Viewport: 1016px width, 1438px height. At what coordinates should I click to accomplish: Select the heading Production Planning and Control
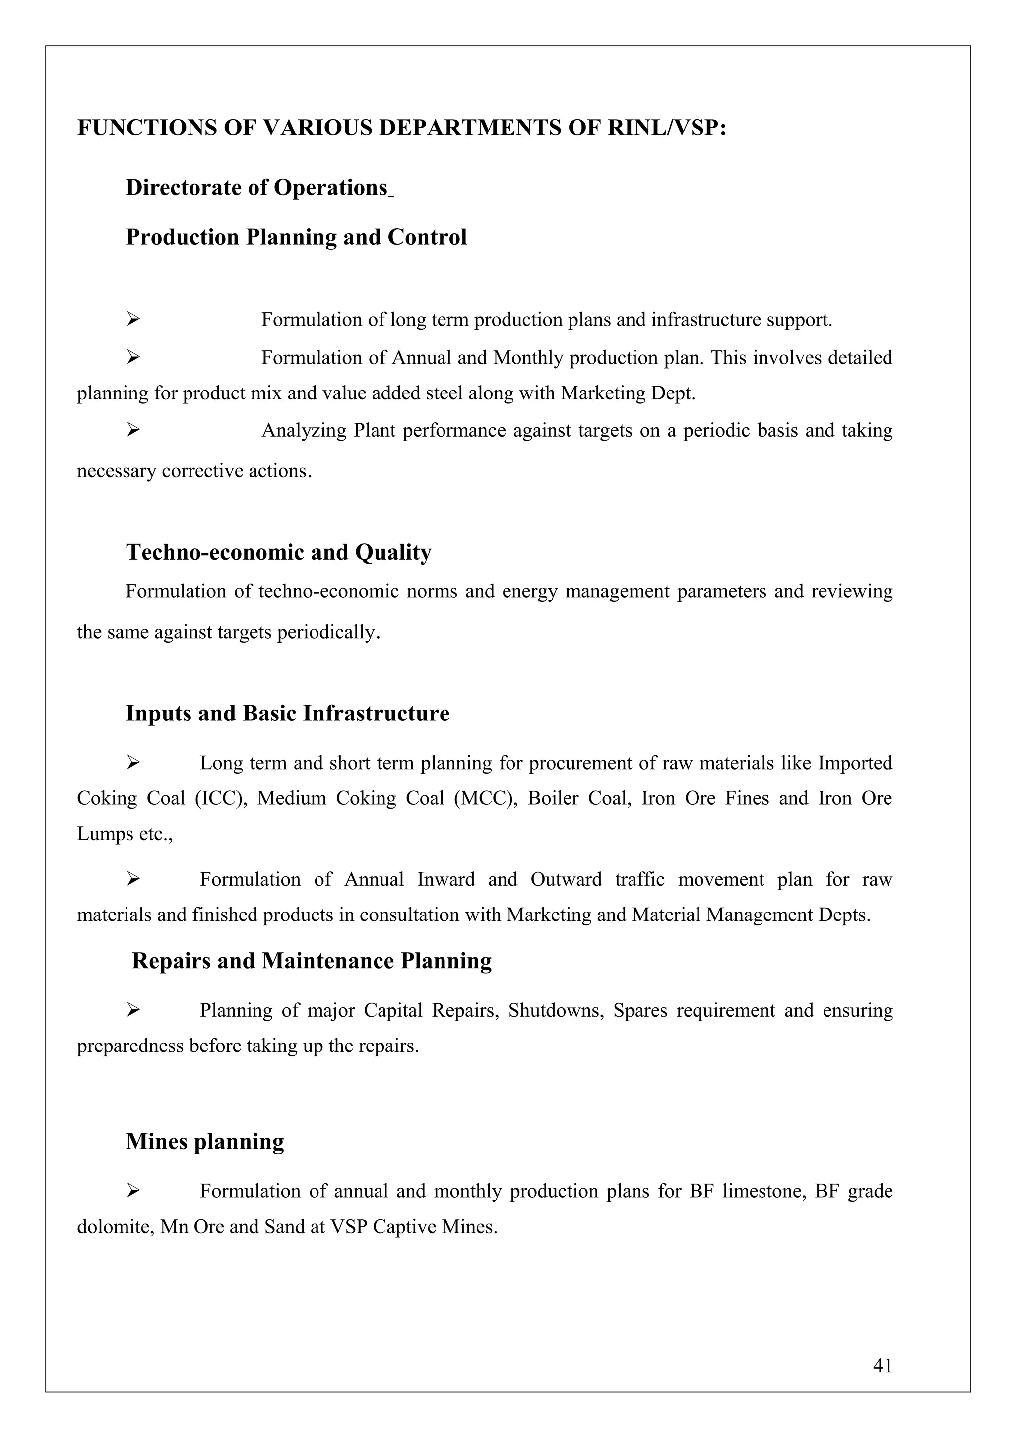(x=296, y=237)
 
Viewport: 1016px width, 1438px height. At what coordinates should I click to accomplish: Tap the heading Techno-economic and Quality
(x=279, y=552)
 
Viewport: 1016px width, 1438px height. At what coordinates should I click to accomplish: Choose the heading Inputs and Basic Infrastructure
(x=287, y=714)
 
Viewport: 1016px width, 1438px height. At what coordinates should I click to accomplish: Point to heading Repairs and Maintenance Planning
(x=312, y=961)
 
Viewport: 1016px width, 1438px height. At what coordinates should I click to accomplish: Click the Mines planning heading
(x=205, y=1141)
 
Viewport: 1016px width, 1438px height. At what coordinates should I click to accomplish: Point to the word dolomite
(x=115, y=1226)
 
